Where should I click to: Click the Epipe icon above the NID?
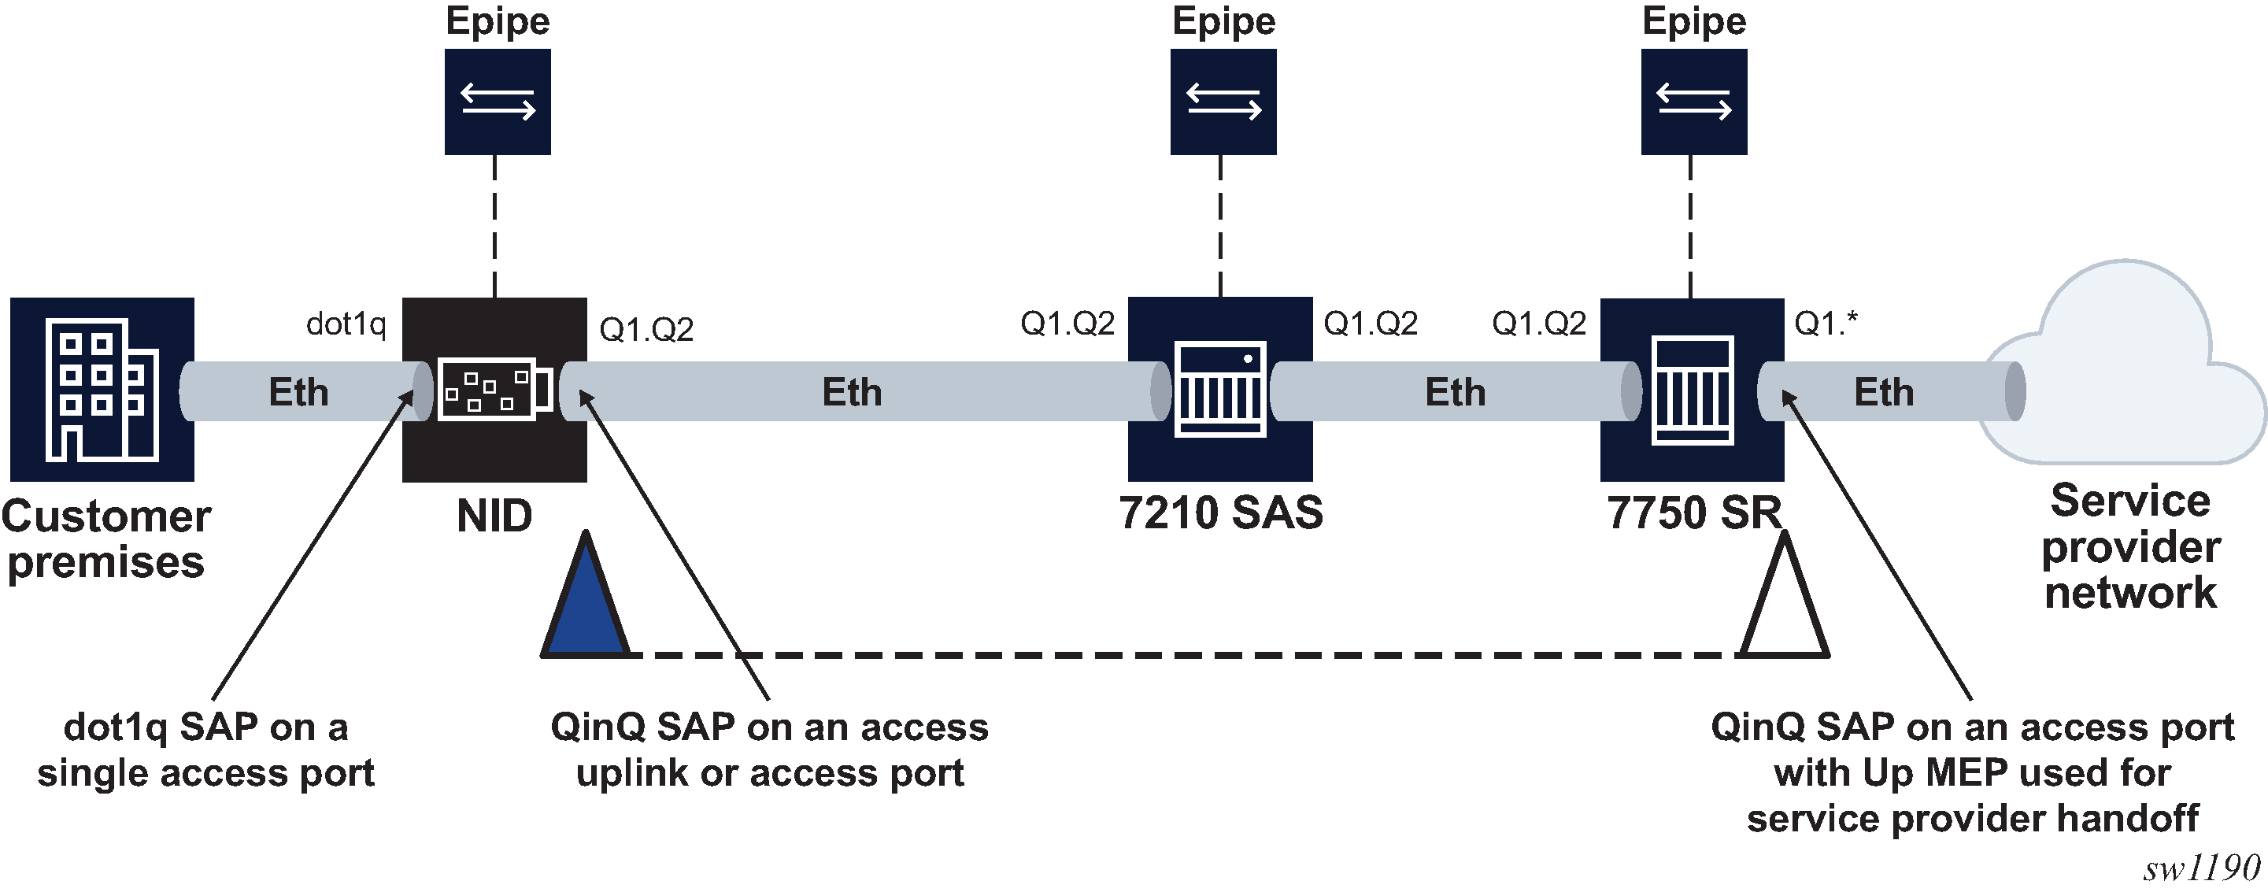(498, 102)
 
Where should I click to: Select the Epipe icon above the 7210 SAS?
(1223, 102)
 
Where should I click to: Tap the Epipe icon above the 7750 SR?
(1693, 102)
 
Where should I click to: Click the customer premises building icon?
(102, 389)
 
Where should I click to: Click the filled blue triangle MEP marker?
(586, 608)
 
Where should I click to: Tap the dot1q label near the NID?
(346, 324)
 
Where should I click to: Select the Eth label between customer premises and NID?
(298, 392)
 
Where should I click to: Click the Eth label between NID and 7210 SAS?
(851, 392)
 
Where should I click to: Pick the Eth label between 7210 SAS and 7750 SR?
(1455, 392)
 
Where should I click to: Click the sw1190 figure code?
(2201, 868)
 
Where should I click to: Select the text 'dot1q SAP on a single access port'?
(206, 750)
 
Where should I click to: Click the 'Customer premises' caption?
(105, 539)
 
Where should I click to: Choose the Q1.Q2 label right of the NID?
(646, 329)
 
